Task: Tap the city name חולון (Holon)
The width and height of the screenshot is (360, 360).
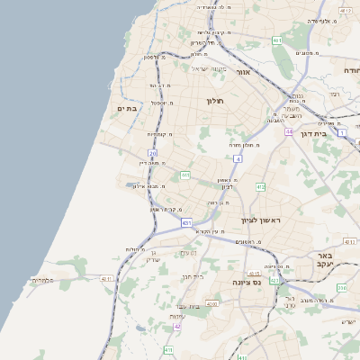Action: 214,101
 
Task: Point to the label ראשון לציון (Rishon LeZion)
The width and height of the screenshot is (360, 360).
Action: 261,220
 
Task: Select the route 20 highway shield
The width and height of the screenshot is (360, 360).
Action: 153,154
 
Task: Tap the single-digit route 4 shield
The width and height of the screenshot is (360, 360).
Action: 238,158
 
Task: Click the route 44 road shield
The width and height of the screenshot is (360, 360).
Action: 289,131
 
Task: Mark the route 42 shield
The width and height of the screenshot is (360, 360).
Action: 177,327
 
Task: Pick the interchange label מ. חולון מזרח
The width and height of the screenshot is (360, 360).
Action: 245,143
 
